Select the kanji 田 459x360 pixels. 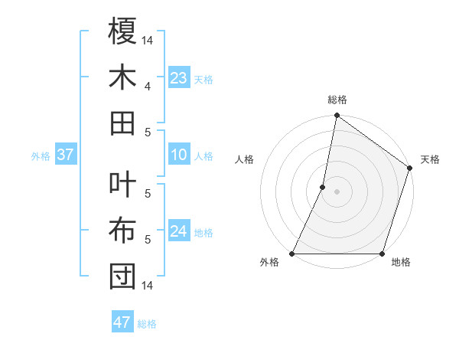[122, 122]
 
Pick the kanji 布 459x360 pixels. [122, 231]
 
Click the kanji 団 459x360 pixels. [122, 277]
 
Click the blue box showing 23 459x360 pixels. [179, 77]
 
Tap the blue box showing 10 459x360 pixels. [179, 155]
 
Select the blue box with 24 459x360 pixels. [179, 231]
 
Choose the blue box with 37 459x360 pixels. [65, 155]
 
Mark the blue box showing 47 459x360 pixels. [122, 322]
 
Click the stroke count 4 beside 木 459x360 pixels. [148, 86]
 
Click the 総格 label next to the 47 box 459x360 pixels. [147, 324]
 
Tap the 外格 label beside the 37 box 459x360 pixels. [41, 156]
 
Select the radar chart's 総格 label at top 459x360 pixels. [337, 100]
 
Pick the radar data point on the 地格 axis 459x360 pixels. [382, 254]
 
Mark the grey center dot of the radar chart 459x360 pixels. [337, 192]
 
